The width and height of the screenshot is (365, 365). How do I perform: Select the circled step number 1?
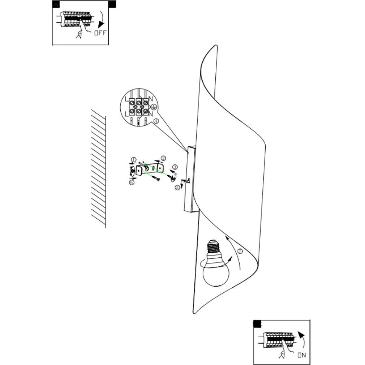point(134,159)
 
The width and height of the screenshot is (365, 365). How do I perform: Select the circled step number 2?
point(163,158)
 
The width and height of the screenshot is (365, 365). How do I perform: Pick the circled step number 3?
point(175,167)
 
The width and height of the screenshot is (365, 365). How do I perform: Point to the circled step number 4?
point(156,121)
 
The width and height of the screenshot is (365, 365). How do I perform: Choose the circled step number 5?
point(177,188)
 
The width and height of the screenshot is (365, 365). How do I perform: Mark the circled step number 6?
point(132,182)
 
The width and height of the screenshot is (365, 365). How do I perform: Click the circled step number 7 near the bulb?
point(240,251)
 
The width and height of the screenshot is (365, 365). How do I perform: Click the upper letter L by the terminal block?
point(126,99)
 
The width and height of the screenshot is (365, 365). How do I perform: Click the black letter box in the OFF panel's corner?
point(56,4)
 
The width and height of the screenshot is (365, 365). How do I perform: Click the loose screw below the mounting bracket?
point(155,177)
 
